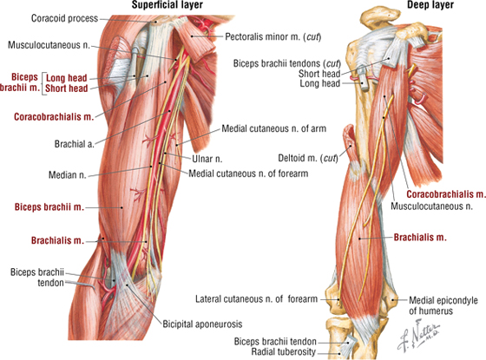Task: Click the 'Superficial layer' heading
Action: click(x=167, y=4)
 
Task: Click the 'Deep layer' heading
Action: click(x=430, y=4)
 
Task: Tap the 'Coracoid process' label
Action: click(x=64, y=18)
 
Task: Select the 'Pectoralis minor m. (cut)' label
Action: click(x=273, y=36)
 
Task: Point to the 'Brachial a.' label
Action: click(x=74, y=144)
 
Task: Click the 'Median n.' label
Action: click(x=68, y=175)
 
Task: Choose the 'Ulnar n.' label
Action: click(x=207, y=159)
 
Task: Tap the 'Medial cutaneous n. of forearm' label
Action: click(x=248, y=173)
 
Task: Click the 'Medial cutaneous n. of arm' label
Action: click(x=273, y=128)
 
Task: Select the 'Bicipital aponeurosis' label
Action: click(x=202, y=324)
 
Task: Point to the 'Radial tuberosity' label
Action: click(x=283, y=352)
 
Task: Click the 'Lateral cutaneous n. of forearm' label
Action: click(x=256, y=299)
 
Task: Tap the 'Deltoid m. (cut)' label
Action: click(x=308, y=158)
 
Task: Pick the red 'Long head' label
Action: click(x=66, y=78)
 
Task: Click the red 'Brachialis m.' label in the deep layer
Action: click(x=420, y=238)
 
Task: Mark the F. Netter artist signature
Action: click(x=418, y=337)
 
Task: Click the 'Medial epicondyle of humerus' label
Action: click(x=443, y=305)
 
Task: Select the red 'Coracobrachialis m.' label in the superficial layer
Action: click(x=54, y=117)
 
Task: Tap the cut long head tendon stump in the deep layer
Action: click(x=364, y=82)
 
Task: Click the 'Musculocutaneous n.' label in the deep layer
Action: click(x=431, y=206)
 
